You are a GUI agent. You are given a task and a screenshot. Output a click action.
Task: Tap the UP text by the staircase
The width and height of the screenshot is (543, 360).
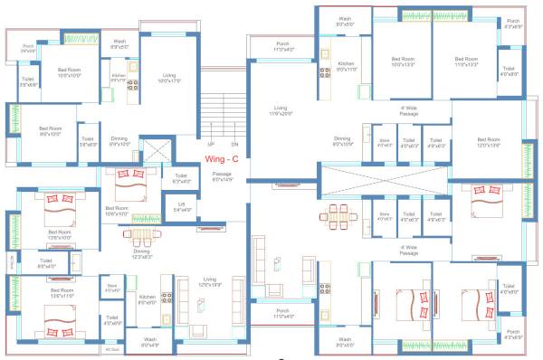210,145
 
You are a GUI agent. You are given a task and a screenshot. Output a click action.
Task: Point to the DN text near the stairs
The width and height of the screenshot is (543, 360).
234,145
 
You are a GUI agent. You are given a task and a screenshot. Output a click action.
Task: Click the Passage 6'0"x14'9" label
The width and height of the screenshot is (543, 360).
223,176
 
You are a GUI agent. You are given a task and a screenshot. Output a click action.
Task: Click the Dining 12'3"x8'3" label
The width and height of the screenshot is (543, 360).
139,255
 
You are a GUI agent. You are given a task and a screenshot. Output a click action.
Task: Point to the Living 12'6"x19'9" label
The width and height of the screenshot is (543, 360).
209,281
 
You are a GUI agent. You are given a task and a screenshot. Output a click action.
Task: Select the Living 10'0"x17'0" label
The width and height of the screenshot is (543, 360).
168,79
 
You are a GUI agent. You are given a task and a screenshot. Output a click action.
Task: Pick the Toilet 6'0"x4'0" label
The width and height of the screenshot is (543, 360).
47,265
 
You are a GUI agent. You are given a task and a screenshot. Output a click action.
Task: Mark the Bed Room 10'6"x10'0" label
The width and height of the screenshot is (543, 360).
117,212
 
